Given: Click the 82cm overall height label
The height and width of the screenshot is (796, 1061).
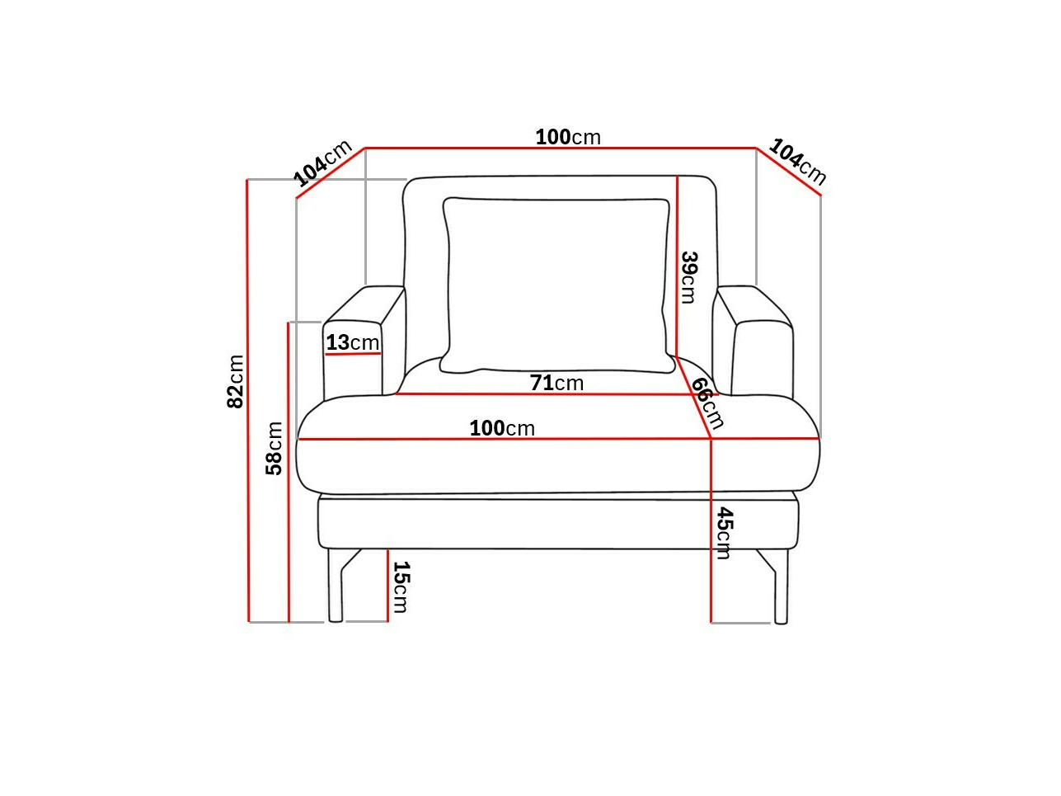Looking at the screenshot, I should [x=236, y=381].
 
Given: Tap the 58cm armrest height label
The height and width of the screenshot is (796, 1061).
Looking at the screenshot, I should [x=275, y=448].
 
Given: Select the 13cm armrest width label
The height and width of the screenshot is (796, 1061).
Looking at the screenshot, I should [x=352, y=342].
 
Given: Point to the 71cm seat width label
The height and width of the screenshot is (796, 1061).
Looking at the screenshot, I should [x=556, y=383].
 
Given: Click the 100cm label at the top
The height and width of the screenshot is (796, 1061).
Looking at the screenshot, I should [x=568, y=137].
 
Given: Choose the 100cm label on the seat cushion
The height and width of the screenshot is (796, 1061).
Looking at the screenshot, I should [x=502, y=428].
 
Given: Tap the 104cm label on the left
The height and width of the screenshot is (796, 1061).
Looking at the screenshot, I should [x=322, y=162].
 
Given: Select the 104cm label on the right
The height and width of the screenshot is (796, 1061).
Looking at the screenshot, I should [x=797, y=162].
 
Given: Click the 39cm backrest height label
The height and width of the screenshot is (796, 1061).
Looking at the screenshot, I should [x=689, y=277].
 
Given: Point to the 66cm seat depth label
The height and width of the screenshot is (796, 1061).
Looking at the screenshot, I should [x=707, y=403].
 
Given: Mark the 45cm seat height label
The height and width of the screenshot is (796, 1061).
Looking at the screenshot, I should [x=724, y=533].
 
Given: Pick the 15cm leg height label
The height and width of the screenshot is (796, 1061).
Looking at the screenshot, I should [x=400, y=586].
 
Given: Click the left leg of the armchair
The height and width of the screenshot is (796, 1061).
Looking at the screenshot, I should [x=336, y=586].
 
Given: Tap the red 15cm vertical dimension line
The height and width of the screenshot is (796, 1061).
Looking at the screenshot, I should [x=387, y=586].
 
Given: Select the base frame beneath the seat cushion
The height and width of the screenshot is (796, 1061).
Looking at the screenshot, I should [x=558, y=523].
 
